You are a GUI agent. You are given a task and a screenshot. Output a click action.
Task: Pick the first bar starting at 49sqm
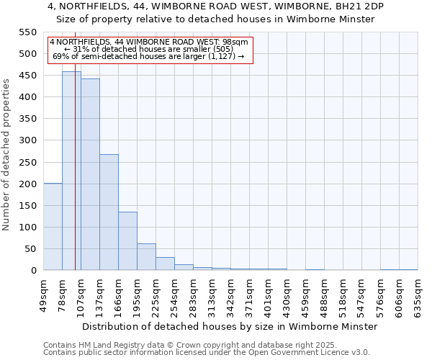[53, 227]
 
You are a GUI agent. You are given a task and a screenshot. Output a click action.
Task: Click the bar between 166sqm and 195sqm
[127, 241]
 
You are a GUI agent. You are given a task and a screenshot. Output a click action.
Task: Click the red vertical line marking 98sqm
[75, 180]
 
